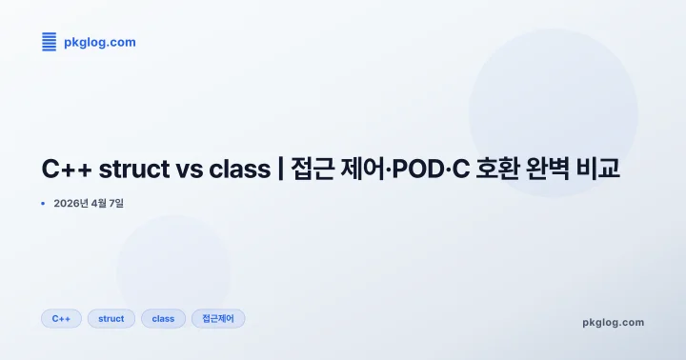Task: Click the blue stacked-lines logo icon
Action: [x=50, y=41]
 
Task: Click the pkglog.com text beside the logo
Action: [x=99, y=42]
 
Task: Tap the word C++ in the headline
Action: [x=64, y=170]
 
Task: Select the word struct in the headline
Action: [x=130, y=170]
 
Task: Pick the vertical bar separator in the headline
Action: [x=280, y=170]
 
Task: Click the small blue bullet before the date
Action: [x=43, y=204]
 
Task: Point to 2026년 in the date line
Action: [x=71, y=204]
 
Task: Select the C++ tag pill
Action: [x=61, y=318]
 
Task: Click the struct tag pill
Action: [x=111, y=318]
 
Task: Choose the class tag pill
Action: [x=163, y=318]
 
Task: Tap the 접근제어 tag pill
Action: [x=218, y=318]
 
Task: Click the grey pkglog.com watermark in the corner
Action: [x=613, y=322]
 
